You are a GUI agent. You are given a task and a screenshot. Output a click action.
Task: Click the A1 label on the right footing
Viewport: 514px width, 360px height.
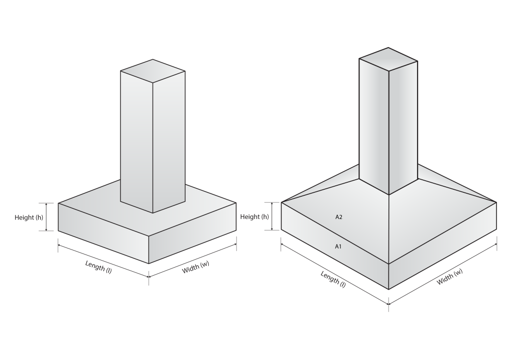[x=338, y=247]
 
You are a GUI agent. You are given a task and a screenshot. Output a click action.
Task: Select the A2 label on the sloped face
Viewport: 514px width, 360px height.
[x=339, y=217]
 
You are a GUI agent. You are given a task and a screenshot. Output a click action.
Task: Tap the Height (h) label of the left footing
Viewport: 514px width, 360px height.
[x=29, y=217]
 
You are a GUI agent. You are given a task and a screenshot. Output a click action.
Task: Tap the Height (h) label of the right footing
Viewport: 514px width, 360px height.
[x=254, y=217]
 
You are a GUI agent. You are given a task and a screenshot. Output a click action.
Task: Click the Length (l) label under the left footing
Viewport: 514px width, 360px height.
[x=98, y=267]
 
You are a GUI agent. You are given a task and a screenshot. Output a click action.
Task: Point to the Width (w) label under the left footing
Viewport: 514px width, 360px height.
[x=195, y=267]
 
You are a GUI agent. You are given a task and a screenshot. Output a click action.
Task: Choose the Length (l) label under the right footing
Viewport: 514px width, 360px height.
[x=333, y=279]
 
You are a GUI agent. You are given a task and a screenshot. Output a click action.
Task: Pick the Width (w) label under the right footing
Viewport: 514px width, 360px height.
[x=450, y=276]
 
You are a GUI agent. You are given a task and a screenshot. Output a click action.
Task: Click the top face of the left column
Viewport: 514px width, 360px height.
[x=153, y=71]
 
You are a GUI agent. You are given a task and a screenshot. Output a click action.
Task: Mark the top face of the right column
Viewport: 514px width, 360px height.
[x=389, y=59]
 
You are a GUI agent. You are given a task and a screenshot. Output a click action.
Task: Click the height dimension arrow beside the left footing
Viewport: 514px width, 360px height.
[x=46, y=217]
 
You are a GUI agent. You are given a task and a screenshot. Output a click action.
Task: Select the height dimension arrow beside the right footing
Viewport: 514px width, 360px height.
[x=272, y=216]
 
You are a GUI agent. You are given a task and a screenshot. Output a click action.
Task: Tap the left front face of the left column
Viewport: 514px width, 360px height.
[x=137, y=142]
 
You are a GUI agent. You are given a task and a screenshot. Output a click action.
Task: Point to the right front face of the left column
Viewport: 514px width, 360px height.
[x=169, y=142]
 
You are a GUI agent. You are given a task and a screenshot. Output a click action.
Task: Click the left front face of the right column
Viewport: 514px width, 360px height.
[x=374, y=126]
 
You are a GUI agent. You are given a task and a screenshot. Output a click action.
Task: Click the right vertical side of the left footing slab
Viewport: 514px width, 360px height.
[x=193, y=233]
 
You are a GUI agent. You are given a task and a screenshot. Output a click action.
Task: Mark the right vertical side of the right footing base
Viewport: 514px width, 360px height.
[x=443, y=246]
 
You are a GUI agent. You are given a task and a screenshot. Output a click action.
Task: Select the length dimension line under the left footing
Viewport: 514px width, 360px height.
[x=103, y=260]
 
